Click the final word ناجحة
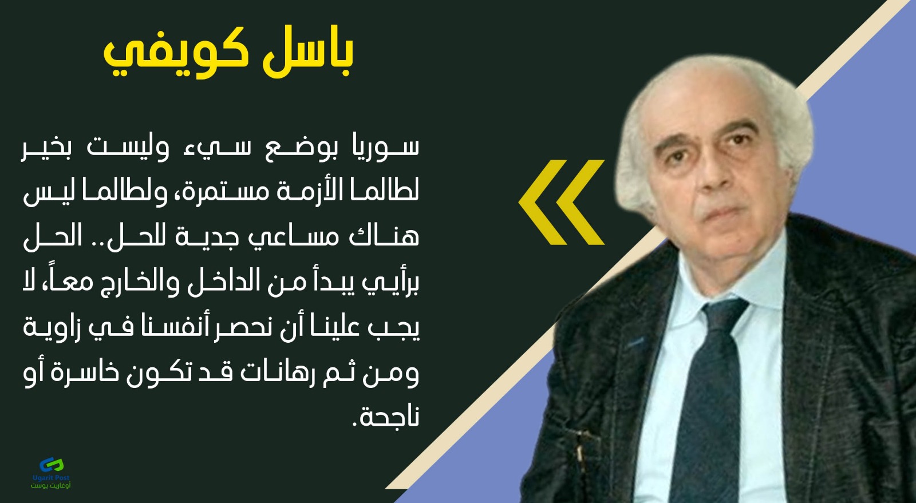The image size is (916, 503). click(x=386, y=418)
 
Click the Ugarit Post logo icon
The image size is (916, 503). click(x=52, y=465)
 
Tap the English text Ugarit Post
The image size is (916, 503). click(x=51, y=478)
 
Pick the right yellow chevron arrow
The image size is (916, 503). click(x=581, y=202)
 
